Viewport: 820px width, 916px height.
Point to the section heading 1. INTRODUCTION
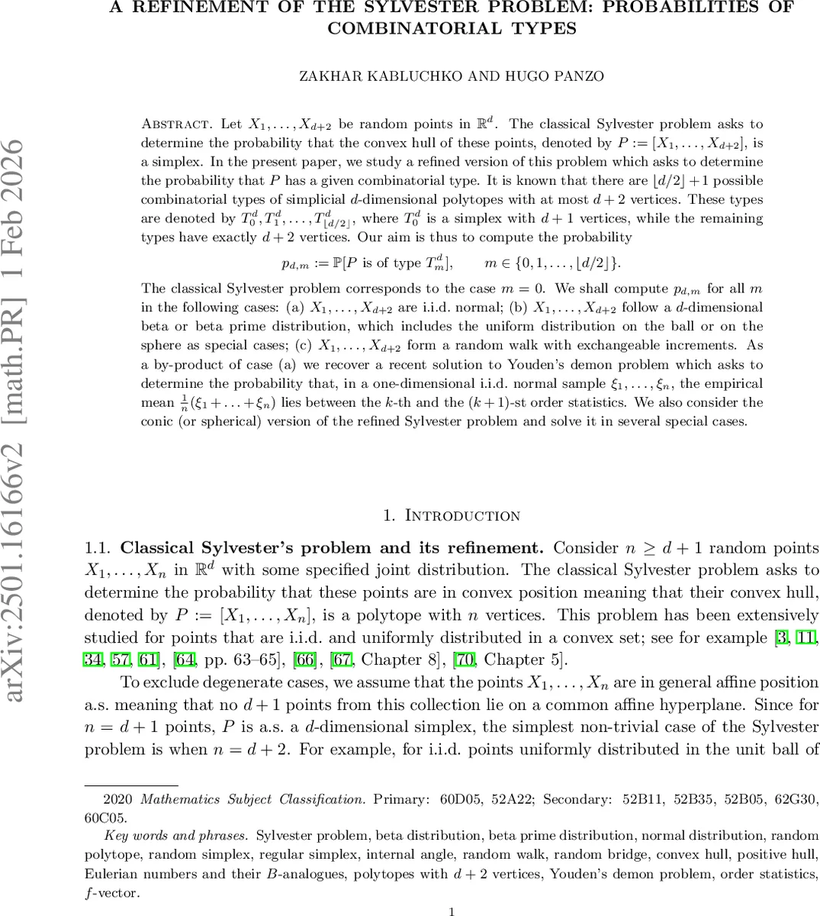(452, 515)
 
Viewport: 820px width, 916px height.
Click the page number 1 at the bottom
(452, 911)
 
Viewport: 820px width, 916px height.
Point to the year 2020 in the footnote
(117, 800)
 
